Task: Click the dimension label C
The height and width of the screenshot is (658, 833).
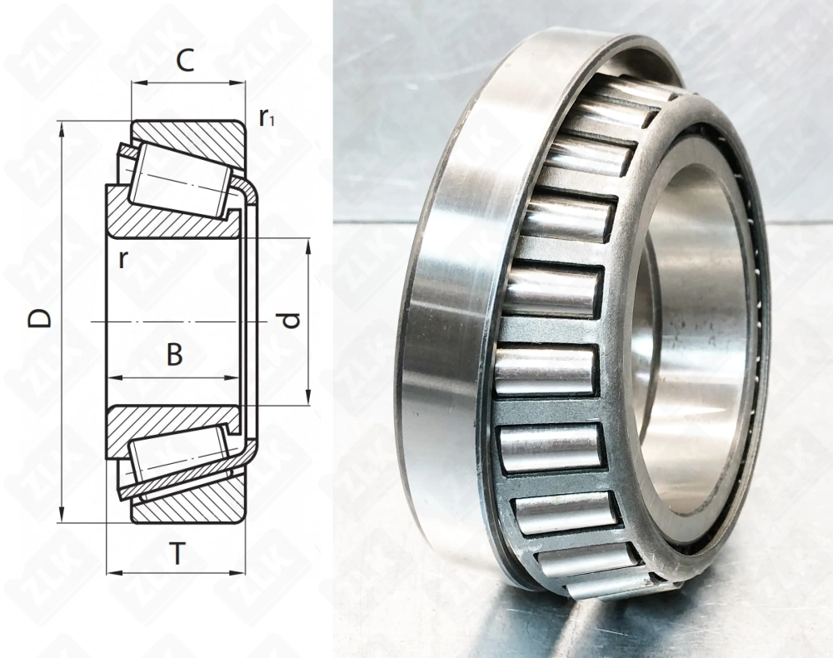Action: pyautogui.click(x=186, y=61)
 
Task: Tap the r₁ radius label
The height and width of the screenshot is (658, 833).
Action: pyautogui.click(x=267, y=117)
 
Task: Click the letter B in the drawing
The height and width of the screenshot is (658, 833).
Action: pyautogui.click(x=174, y=355)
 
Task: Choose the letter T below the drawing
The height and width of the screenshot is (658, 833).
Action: pyautogui.click(x=177, y=553)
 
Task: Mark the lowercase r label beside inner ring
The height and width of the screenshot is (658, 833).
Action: pyautogui.click(x=122, y=258)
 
